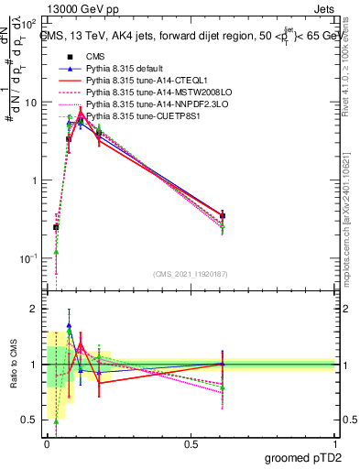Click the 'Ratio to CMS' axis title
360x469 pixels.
coord(12,365)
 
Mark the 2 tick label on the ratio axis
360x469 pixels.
coord(36,310)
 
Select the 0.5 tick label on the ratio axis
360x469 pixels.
coord(32,420)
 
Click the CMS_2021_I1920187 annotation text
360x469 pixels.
coord(189,274)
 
